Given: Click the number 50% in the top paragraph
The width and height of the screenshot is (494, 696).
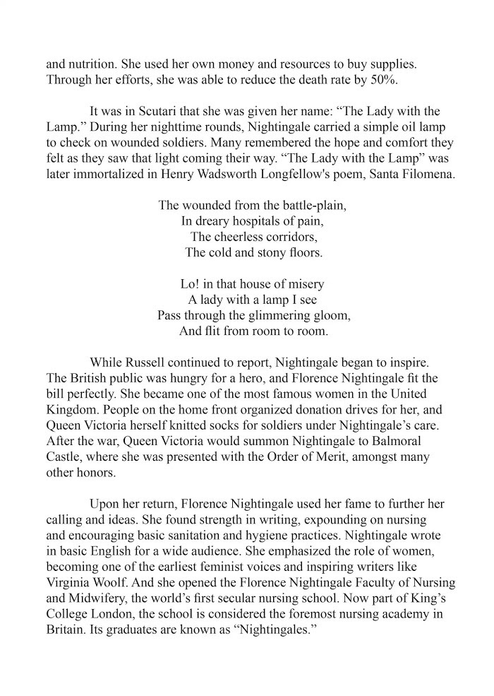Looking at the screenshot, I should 382,80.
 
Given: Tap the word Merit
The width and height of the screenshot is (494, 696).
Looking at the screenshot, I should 333,457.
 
